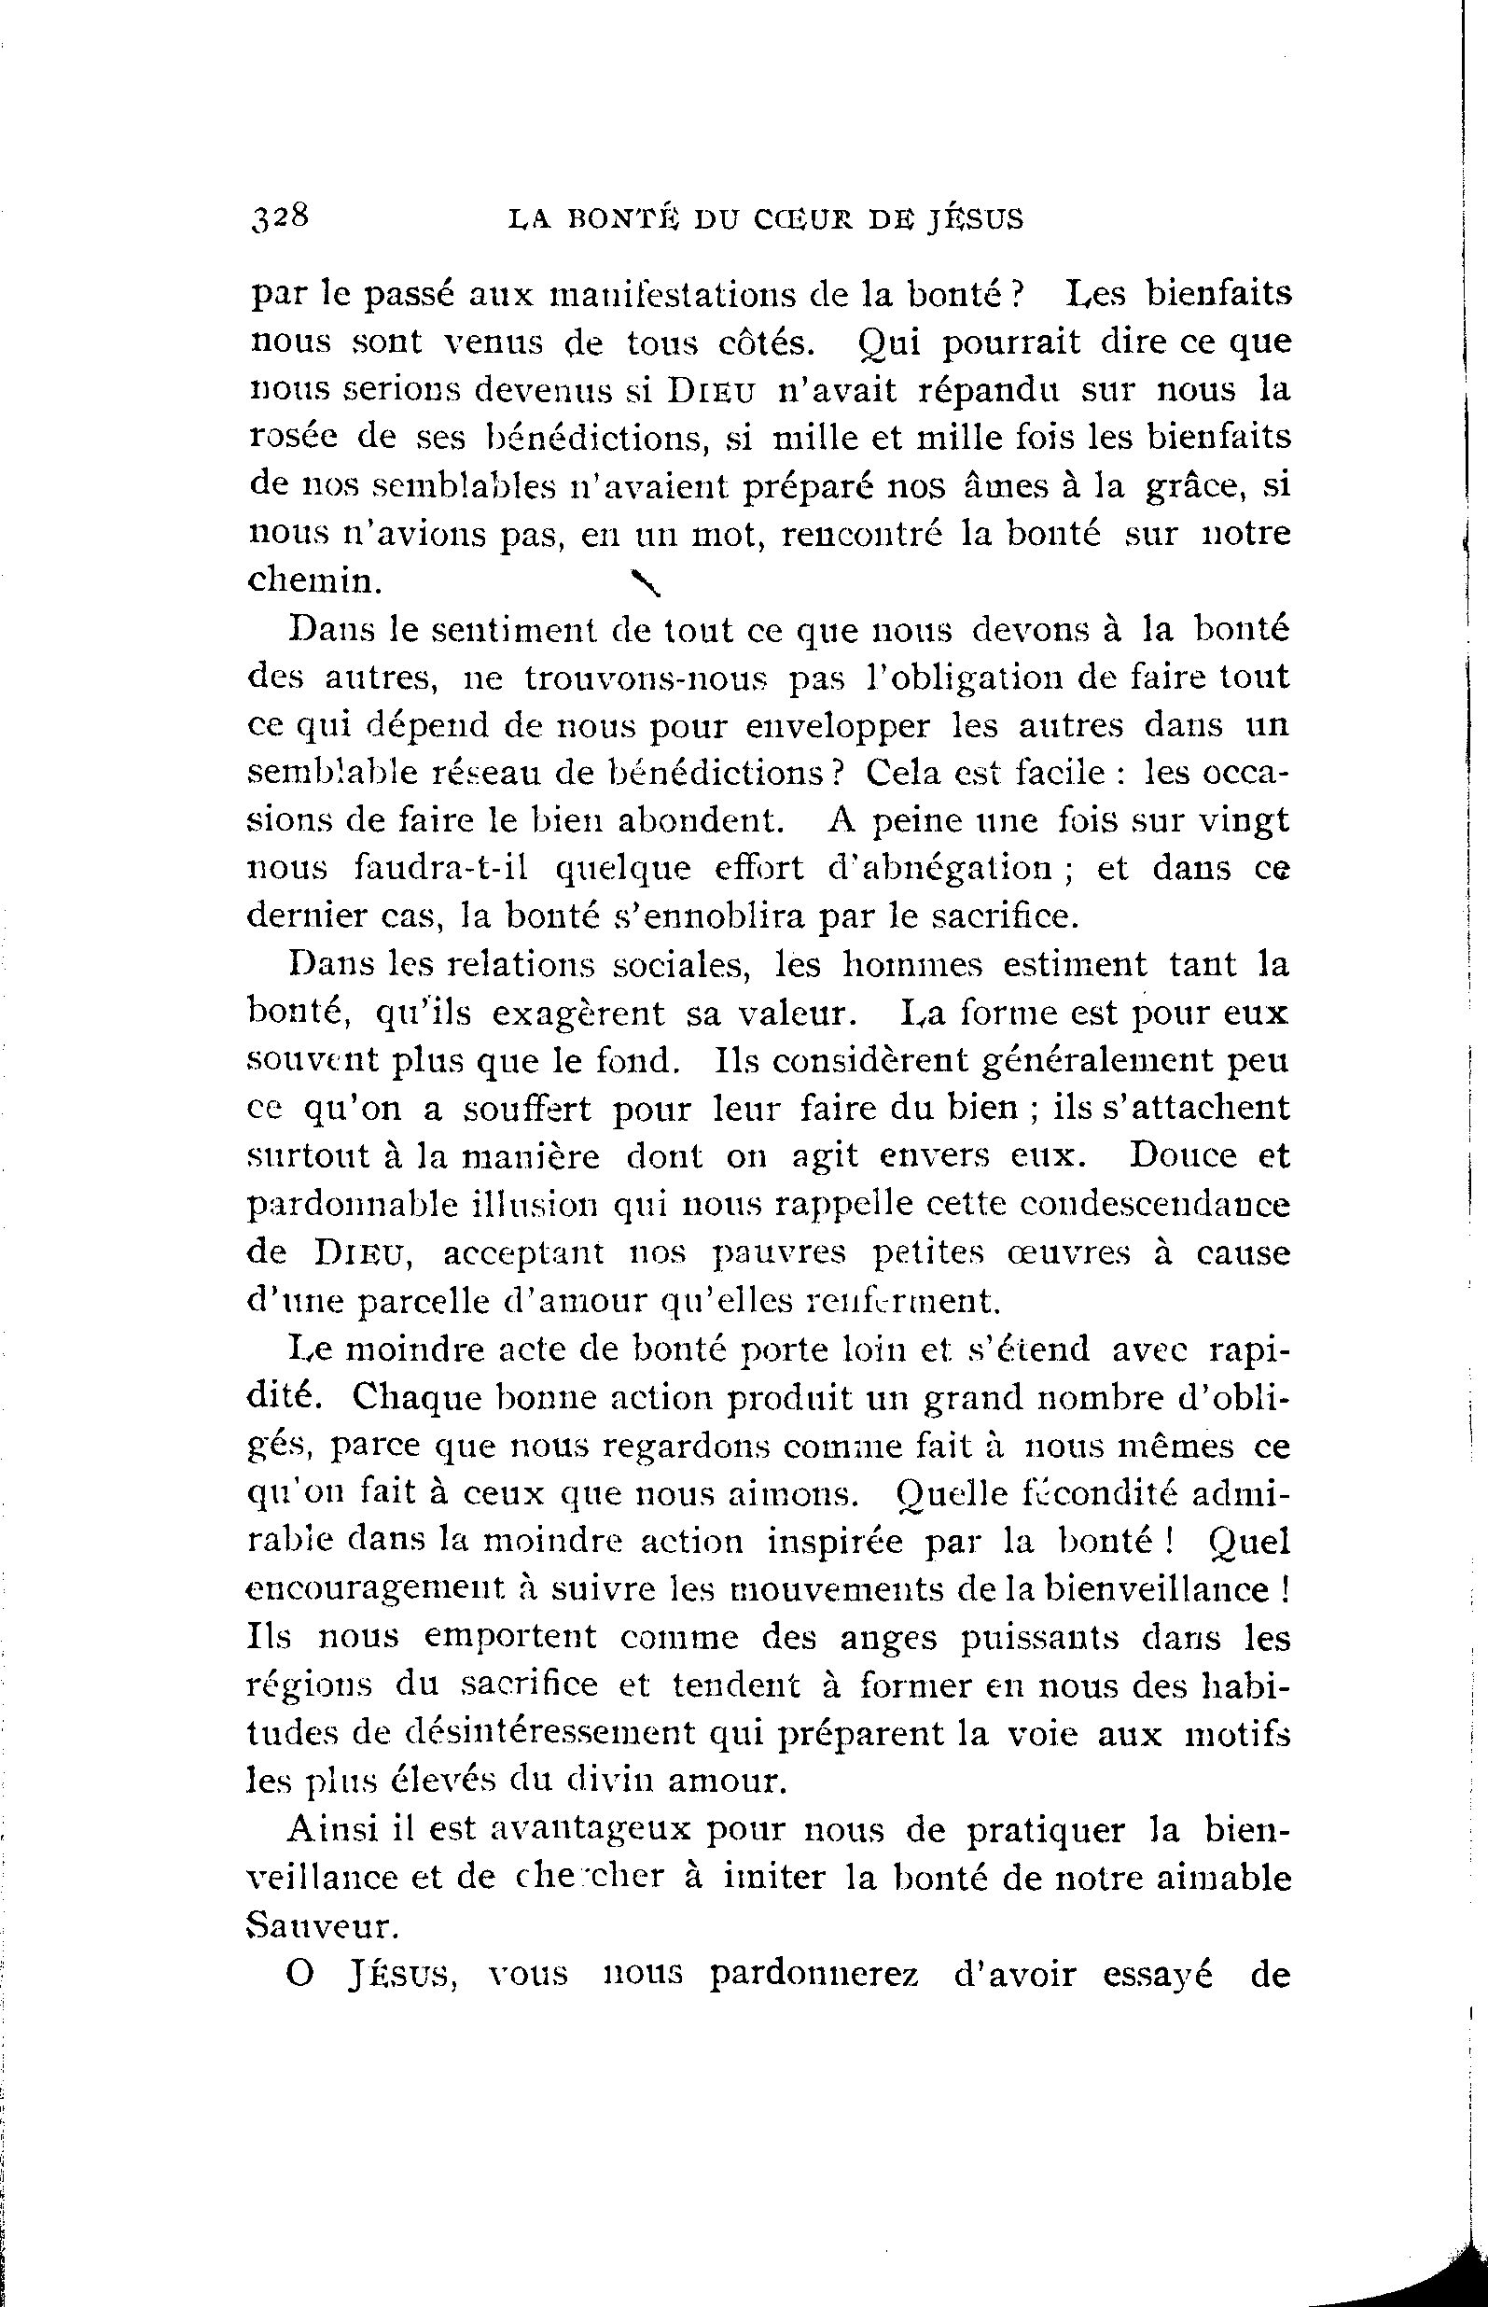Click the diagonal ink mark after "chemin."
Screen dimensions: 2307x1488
click(645, 582)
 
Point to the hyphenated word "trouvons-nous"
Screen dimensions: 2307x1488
click(645, 678)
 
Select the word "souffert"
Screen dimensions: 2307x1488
click(526, 1108)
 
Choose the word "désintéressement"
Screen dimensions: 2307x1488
click(542, 1732)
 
